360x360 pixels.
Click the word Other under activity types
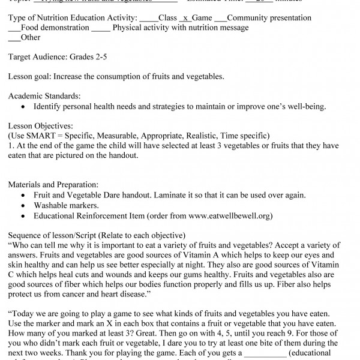31,37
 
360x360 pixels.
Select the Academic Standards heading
44,96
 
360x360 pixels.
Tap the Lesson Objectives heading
40,126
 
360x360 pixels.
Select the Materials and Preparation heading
53,185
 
